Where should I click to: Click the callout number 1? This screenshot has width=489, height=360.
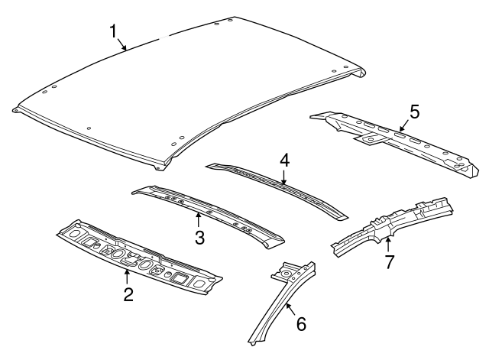[x=113, y=31]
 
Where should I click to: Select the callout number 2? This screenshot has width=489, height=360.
[x=128, y=294]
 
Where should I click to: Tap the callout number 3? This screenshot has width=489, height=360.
[x=199, y=237]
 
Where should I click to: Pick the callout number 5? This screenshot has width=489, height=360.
[x=413, y=112]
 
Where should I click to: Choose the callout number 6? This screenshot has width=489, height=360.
[x=300, y=323]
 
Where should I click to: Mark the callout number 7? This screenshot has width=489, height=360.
[x=388, y=262]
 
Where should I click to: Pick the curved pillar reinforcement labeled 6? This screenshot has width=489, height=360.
[x=275, y=313]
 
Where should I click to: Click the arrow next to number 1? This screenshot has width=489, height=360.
[x=122, y=45]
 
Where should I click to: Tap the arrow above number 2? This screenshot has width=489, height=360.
[x=128, y=276]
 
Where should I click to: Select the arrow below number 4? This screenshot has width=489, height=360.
[x=284, y=179]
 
